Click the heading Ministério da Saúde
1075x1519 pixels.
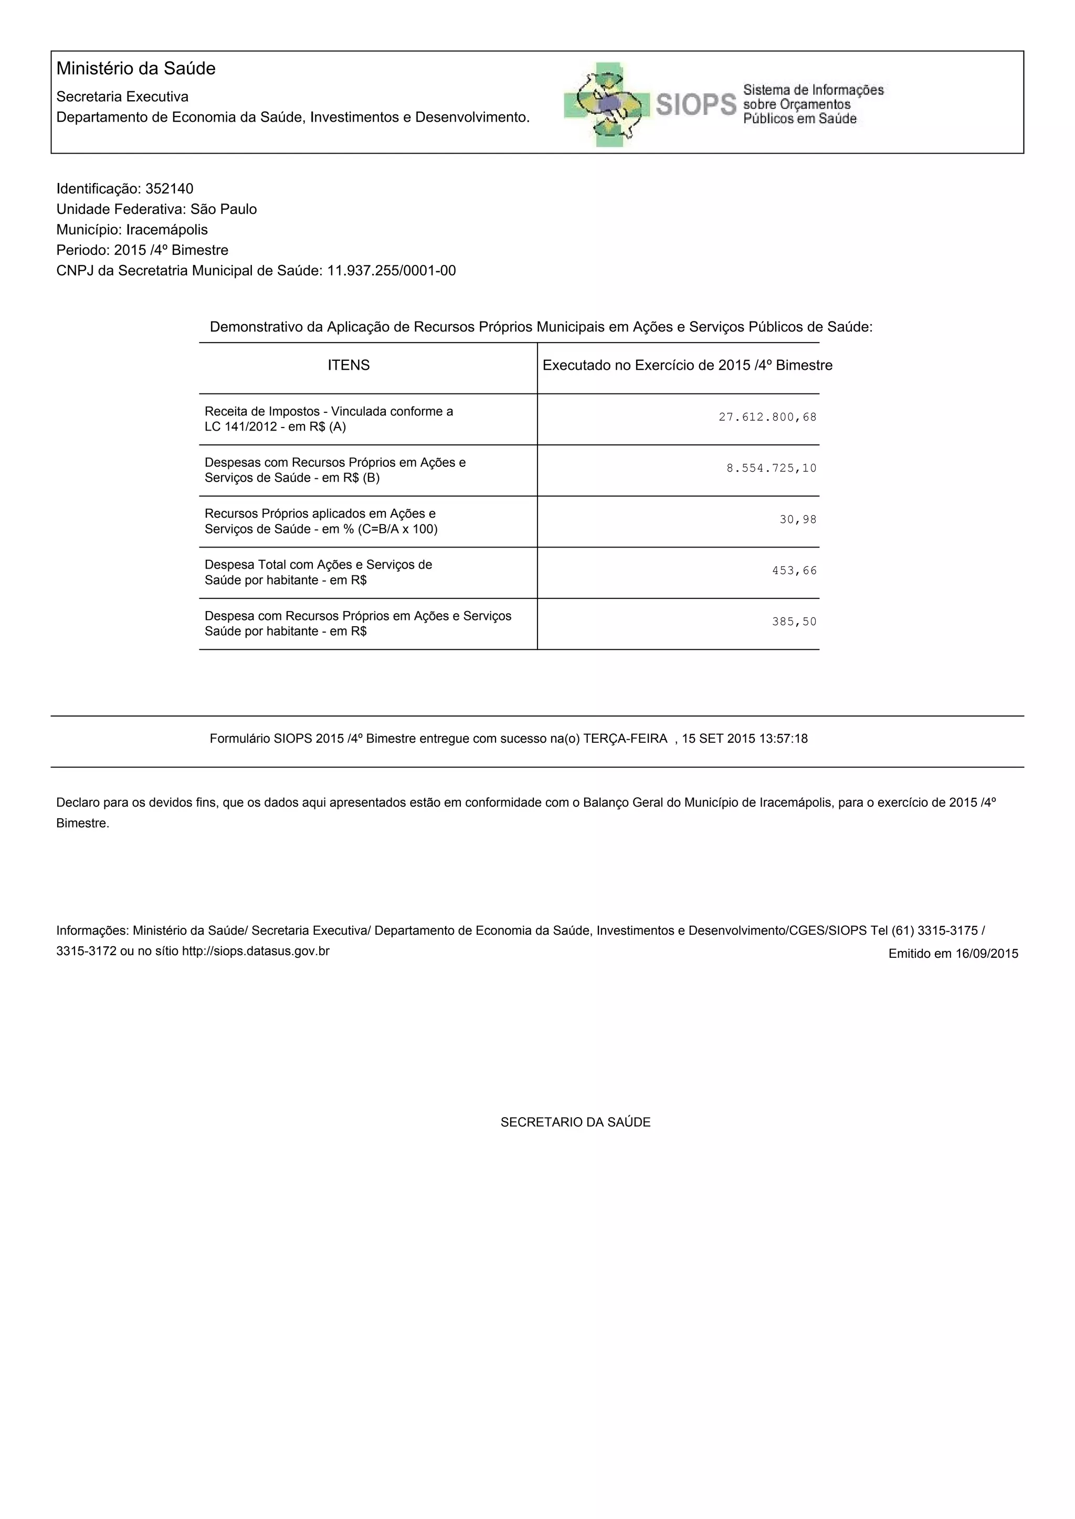coord(136,69)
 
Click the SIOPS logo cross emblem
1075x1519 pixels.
coord(604,104)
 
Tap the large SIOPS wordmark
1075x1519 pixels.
coord(695,104)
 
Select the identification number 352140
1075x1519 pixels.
coord(170,188)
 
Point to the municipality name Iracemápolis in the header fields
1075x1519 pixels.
coord(167,230)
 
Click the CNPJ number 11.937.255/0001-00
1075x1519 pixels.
coord(391,271)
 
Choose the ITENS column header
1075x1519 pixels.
coord(349,365)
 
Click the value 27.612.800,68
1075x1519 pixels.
coord(767,418)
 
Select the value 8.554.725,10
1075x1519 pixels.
coord(771,468)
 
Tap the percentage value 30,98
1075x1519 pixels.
coord(798,520)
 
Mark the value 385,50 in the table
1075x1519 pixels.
coord(794,622)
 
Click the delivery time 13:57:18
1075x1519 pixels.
coord(785,739)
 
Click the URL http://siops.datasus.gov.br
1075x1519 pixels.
coord(256,951)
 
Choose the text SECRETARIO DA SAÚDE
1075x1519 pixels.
coord(575,1122)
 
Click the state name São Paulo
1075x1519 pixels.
coord(224,209)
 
